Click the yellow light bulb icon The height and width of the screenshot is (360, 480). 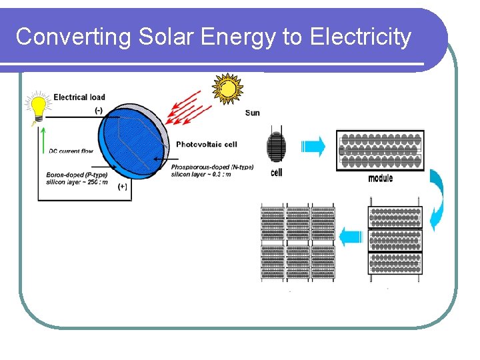point(38,107)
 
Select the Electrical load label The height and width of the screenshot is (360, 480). point(79,97)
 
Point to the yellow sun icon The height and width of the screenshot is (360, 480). point(227,88)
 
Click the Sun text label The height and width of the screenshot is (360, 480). point(253,113)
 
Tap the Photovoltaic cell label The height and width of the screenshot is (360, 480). point(206,145)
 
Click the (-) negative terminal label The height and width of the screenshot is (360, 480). point(99,111)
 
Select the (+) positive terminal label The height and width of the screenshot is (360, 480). point(123,187)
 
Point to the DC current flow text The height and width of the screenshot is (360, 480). point(71,151)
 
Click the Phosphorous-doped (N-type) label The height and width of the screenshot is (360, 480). point(212,167)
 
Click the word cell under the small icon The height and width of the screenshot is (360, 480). point(277,173)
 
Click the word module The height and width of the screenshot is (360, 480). point(380,178)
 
